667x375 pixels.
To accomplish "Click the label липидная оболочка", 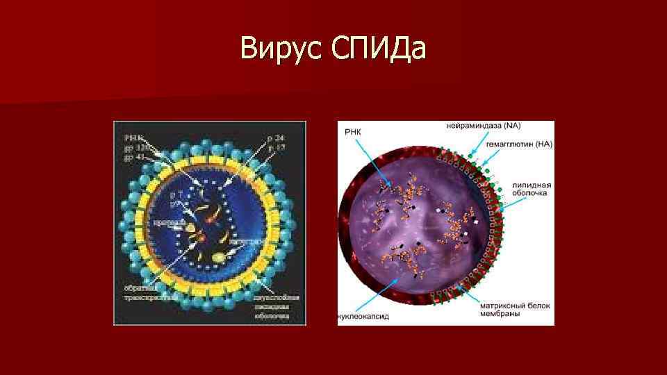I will (x=532, y=189).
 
